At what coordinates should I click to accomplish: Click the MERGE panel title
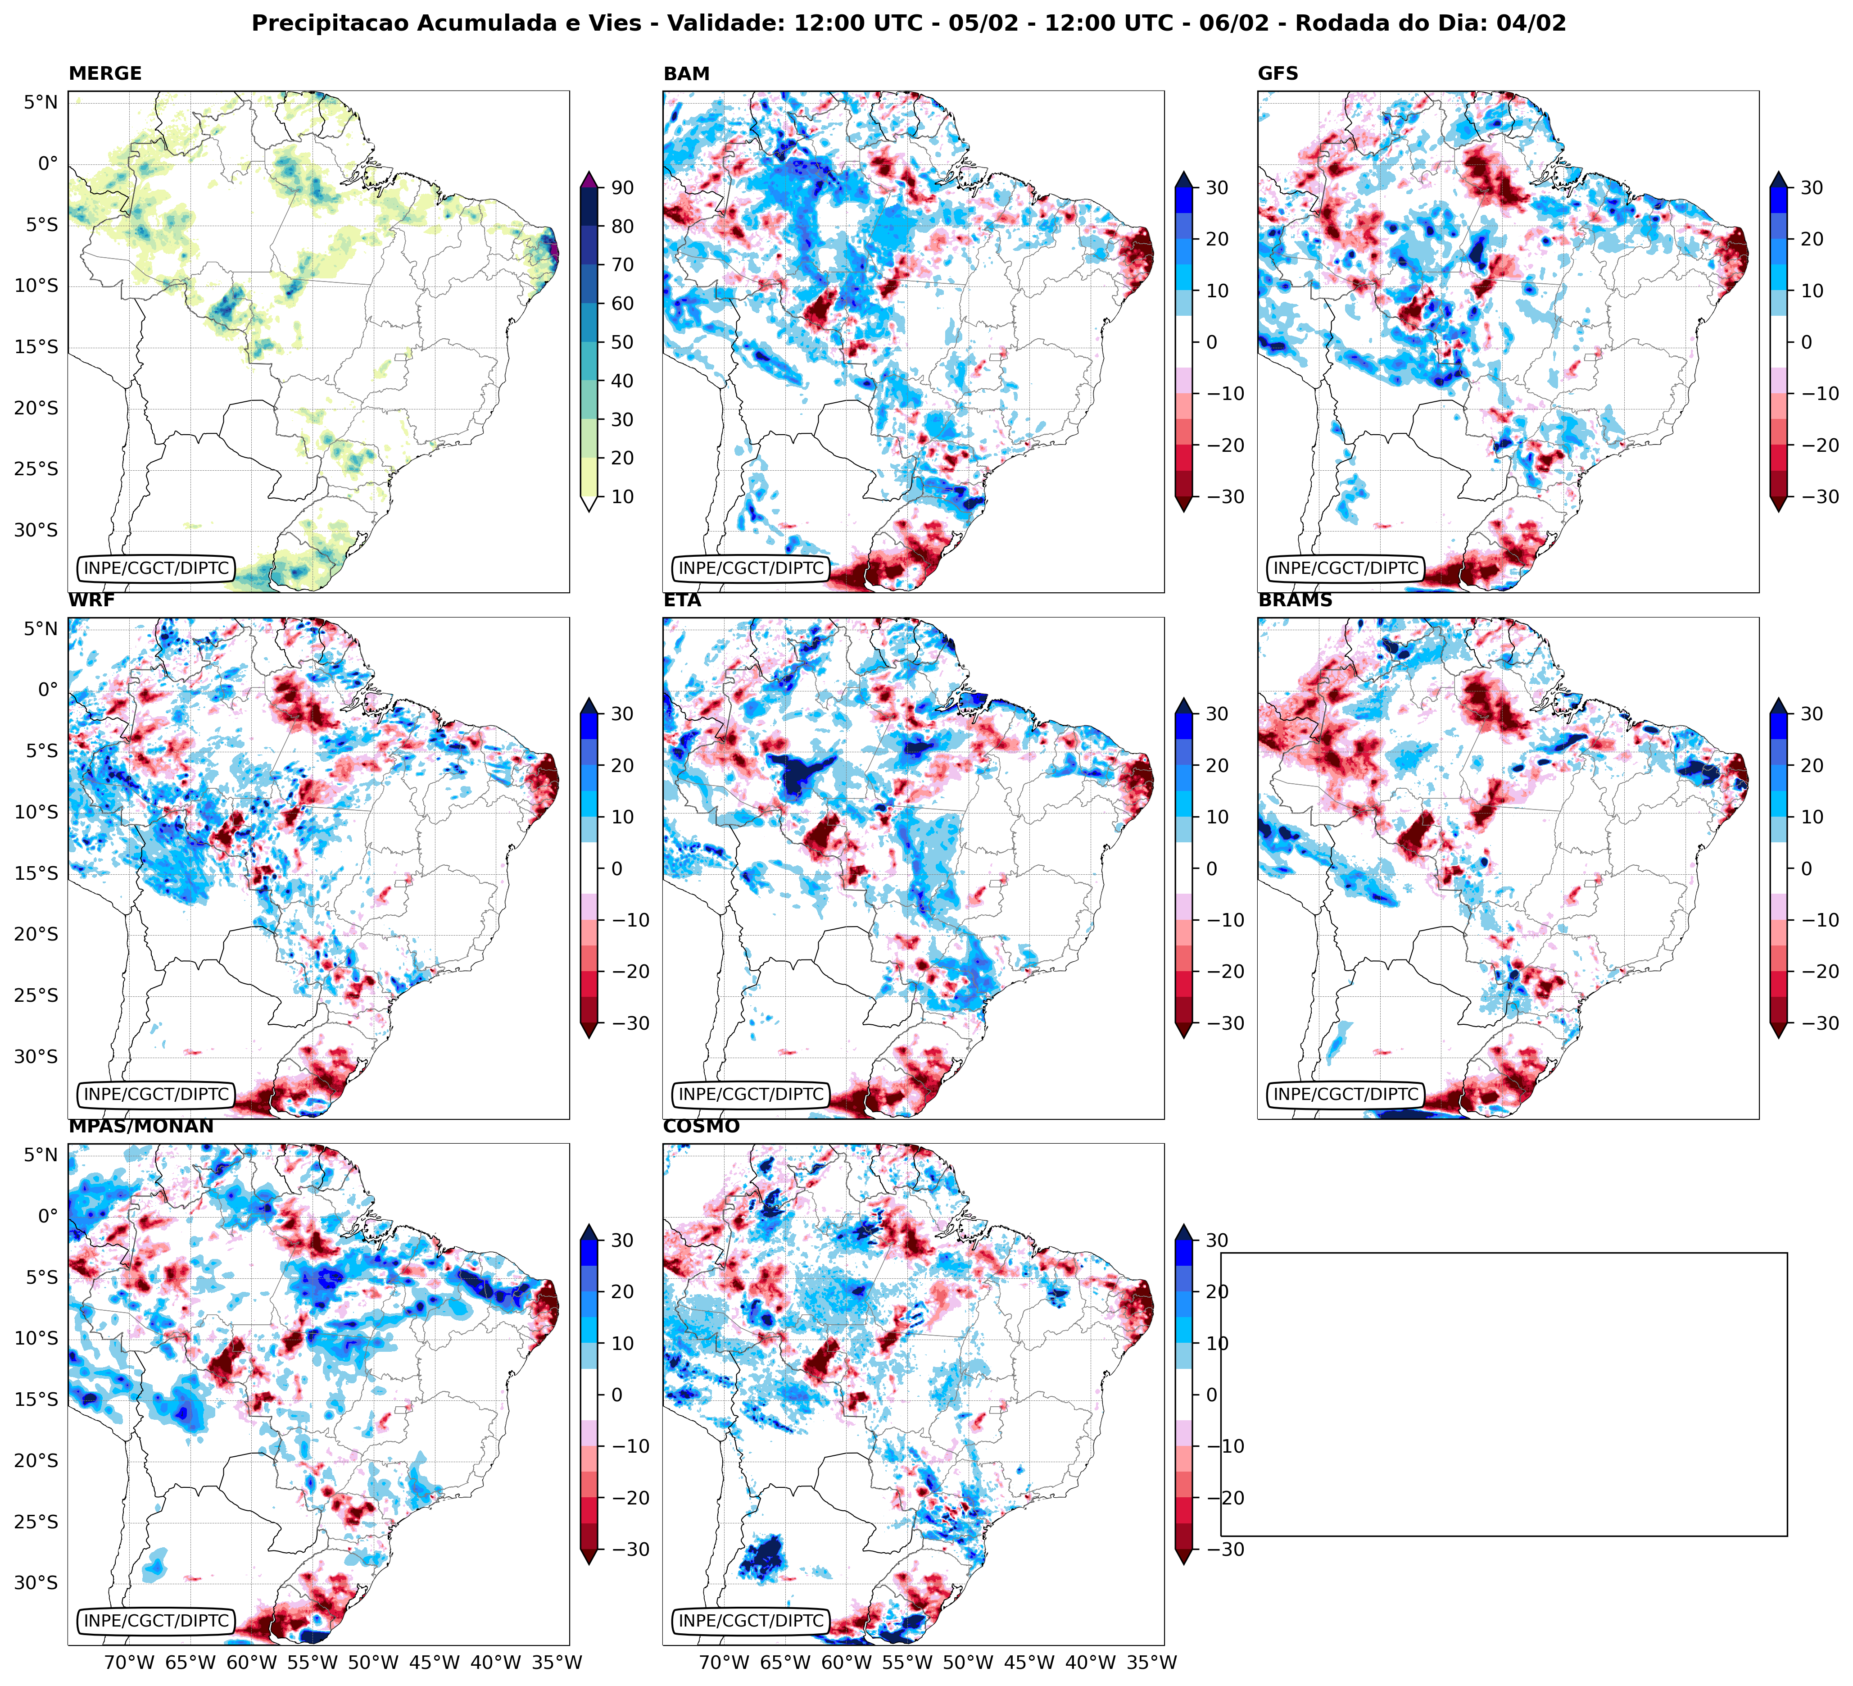pyautogui.click(x=105, y=73)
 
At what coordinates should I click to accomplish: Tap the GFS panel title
pyautogui.click(x=1278, y=73)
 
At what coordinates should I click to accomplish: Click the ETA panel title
pyautogui.click(x=682, y=600)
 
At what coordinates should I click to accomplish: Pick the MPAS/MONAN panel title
pyautogui.click(x=140, y=1126)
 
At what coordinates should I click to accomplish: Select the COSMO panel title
pyautogui.click(x=701, y=1126)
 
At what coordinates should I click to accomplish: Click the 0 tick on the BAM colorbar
pyautogui.click(x=1211, y=342)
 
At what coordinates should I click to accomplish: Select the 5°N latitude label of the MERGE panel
pyautogui.click(x=41, y=102)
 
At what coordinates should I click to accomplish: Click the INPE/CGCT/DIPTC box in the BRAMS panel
pyautogui.click(x=1346, y=1094)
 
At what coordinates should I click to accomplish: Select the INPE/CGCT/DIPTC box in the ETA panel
pyautogui.click(x=751, y=1094)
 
